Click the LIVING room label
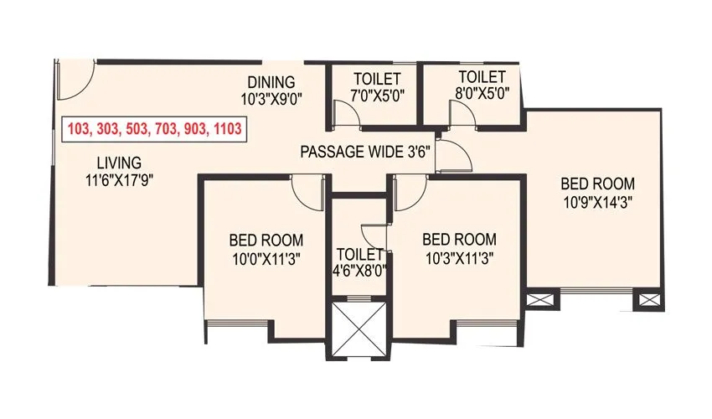(118, 162)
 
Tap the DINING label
(271, 82)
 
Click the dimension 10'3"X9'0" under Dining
(271, 97)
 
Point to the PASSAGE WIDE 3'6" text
(364, 153)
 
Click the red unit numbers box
(156, 129)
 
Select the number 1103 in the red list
(228, 129)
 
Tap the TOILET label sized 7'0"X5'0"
(369, 79)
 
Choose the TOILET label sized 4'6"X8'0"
(359, 254)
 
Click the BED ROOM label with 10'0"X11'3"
(266, 240)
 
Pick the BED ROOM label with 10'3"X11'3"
(458, 240)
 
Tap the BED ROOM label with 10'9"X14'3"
(597, 184)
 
